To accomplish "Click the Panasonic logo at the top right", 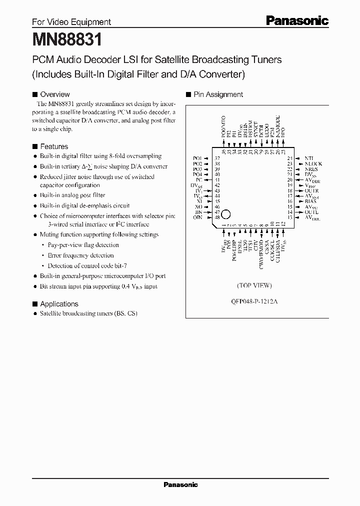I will [297, 20].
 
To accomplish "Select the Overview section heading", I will [54, 94].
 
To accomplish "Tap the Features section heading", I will [53, 146].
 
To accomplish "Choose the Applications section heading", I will [59, 304].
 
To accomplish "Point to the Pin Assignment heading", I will [218, 94].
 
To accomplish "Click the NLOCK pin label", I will [313, 163].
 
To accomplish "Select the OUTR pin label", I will [312, 190].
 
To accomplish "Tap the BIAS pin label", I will [311, 201].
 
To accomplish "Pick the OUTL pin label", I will [311, 212].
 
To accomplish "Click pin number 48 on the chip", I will [217, 217].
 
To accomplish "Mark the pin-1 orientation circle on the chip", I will [225, 214].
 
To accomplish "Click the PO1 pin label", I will [197, 158].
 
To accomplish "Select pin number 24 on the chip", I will [289, 158].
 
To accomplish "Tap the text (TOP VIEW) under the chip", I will [254, 285].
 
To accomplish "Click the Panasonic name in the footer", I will [181, 484].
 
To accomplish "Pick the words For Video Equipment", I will [71, 22].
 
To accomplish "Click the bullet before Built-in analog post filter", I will [35, 195].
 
